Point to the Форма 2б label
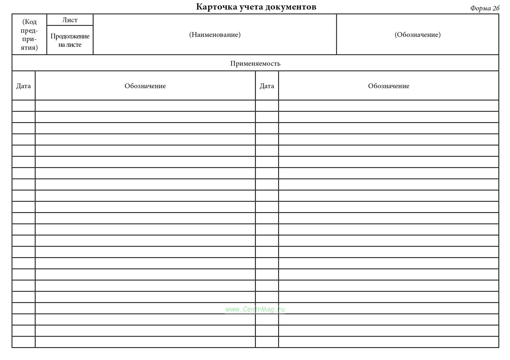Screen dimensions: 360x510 tap(484, 8)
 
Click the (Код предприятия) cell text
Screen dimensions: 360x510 tap(29, 34)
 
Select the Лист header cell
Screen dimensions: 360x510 tap(70, 20)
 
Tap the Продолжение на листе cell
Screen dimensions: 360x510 tap(70, 40)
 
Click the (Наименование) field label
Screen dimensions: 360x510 tap(215, 35)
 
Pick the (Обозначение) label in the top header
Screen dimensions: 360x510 tap(418, 35)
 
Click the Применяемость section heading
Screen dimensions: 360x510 tap(255, 63)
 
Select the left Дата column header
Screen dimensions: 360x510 tap(23, 86)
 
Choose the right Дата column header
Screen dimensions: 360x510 tap(267, 86)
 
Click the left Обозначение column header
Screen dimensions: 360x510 tap(145, 86)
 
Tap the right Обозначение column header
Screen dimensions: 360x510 tap(388, 86)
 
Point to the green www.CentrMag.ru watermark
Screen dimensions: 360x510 tap(255, 309)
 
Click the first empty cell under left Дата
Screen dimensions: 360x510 tap(23, 106)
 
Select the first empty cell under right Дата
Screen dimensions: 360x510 tap(267, 106)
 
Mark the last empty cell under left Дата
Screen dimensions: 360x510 tap(23, 342)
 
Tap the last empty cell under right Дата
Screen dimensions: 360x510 tap(267, 342)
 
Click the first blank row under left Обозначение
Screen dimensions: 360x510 tap(145, 106)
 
